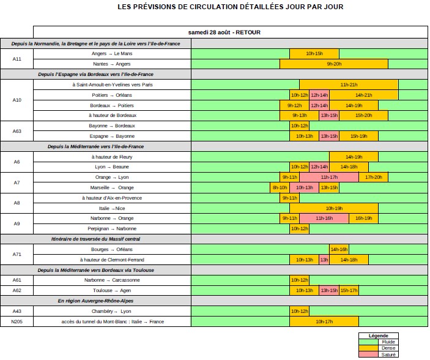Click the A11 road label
[17, 59]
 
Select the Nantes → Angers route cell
[112, 64]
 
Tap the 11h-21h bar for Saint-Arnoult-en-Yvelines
[349, 84]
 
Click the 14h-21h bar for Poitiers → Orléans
[363, 95]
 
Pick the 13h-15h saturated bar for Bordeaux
[329, 115]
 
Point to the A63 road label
[17, 130]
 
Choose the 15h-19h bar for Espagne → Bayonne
[358, 136]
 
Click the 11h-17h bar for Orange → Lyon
[329, 177]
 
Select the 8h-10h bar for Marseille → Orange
[280, 187]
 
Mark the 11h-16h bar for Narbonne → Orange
[324, 218]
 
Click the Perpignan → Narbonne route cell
[112, 228]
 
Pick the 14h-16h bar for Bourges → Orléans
[339, 249]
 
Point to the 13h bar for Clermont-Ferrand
[324, 260]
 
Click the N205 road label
[17, 321]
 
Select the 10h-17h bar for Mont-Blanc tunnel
[324, 321]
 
